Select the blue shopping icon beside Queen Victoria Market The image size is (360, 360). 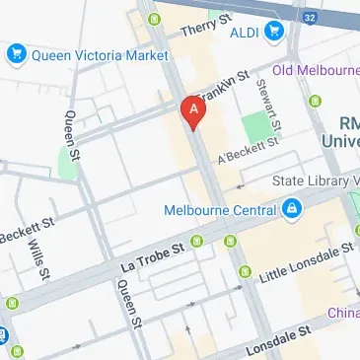click(x=17, y=54)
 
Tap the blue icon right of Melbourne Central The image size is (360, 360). click(x=292, y=209)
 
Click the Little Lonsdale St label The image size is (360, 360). click(x=306, y=264)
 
